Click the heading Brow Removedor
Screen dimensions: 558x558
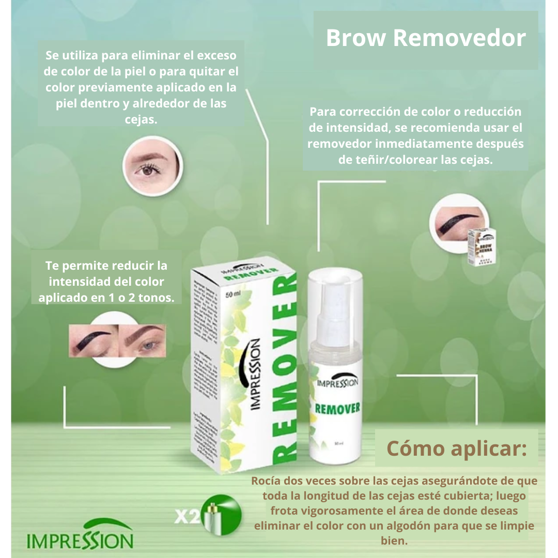point(426,39)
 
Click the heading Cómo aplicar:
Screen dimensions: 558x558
point(457,448)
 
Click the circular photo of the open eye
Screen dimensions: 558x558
point(152,166)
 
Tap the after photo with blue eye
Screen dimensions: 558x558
point(142,341)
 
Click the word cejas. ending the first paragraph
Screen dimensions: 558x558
point(141,119)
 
